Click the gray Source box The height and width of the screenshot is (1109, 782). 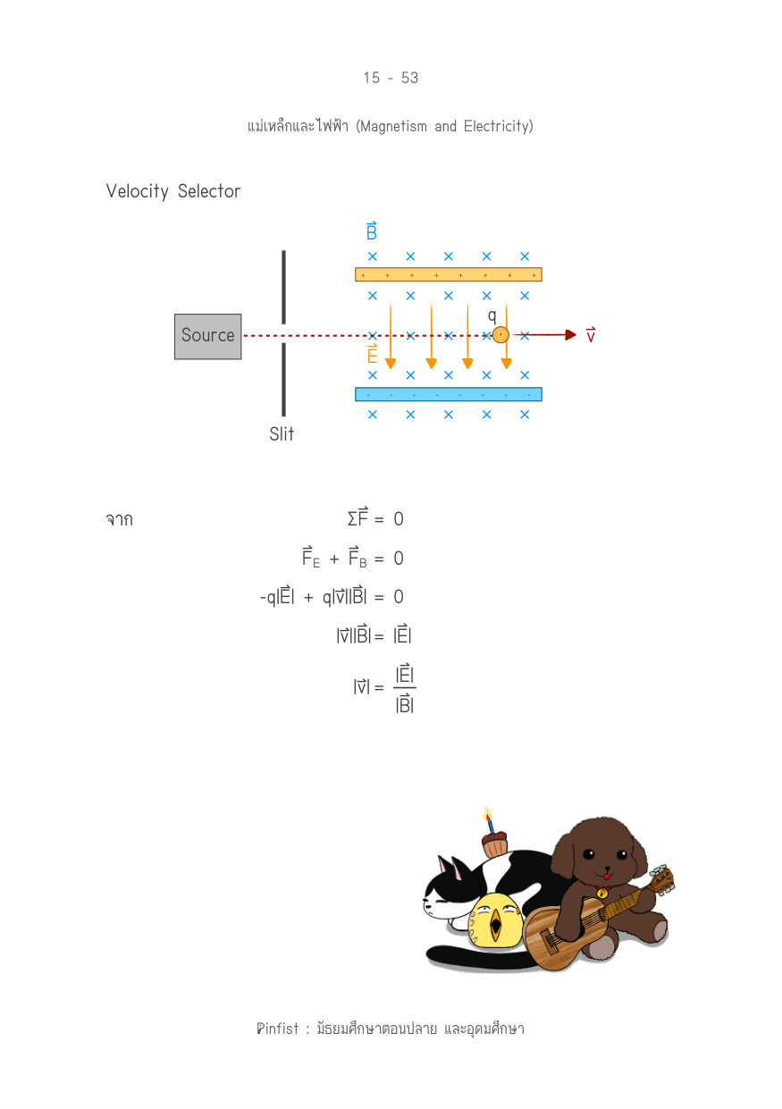point(207,336)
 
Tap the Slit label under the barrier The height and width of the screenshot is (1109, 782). point(282,434)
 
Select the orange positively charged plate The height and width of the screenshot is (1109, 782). point(449,274)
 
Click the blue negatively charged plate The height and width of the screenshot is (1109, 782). point(449,395)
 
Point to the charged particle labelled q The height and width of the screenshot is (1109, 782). point(500,335)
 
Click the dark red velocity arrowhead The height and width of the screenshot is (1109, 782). point(570,335)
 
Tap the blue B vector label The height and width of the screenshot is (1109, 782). point(372,231)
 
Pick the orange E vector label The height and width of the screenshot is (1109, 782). point(372,354)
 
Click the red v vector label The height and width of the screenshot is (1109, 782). point(591,335)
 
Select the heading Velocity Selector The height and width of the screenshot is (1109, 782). point(172,191)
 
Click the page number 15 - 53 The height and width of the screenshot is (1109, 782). point(391,78)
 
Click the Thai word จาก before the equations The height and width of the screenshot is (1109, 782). point(120,519)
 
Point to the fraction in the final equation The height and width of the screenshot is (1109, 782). point(404,688)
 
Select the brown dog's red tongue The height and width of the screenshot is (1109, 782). point(607,877)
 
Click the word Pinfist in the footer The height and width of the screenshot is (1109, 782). point(278,1029)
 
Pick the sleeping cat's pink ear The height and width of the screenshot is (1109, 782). point(457,870)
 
